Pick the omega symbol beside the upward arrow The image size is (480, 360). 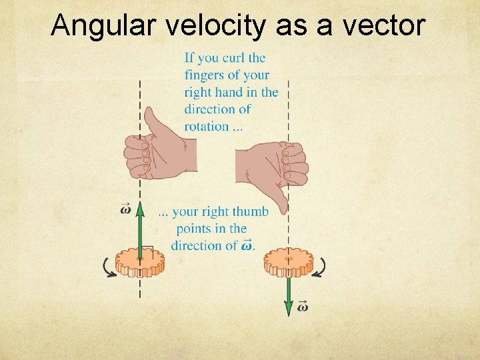[126, 209]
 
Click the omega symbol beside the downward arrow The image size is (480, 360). [301, 307]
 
